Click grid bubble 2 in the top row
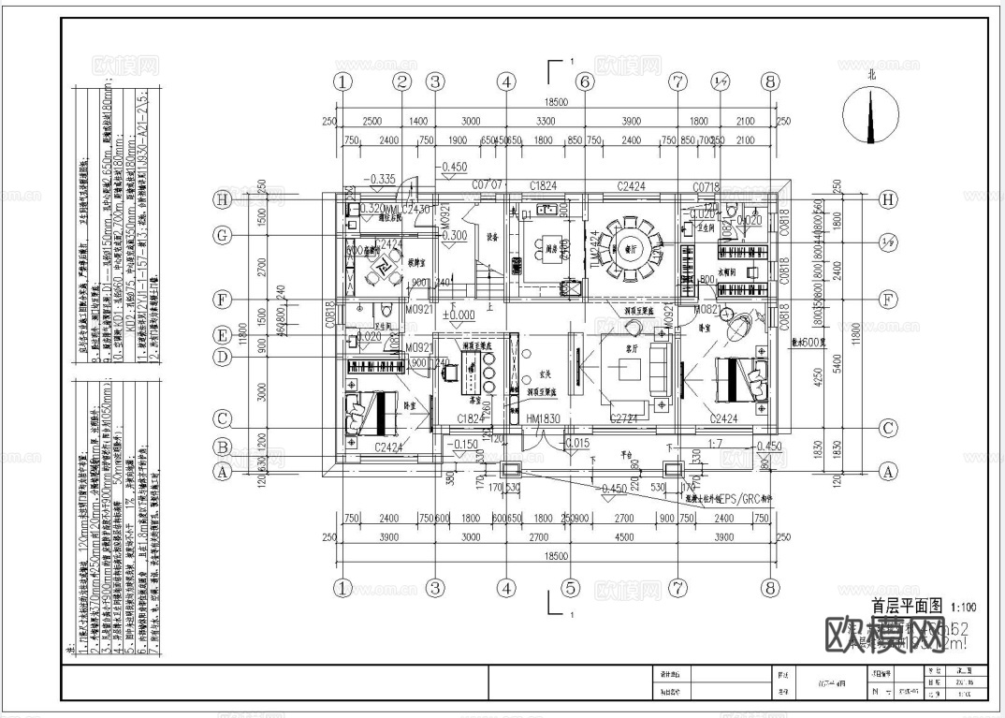click(402, 81)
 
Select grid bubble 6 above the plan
click(585, 81)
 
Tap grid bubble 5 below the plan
click(569, 589)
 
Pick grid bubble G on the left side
click(223, 236)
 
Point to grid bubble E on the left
click(223, 334)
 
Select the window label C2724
click(624, 419)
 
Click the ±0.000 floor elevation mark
click(459, 315)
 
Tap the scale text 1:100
click(967, 607)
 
